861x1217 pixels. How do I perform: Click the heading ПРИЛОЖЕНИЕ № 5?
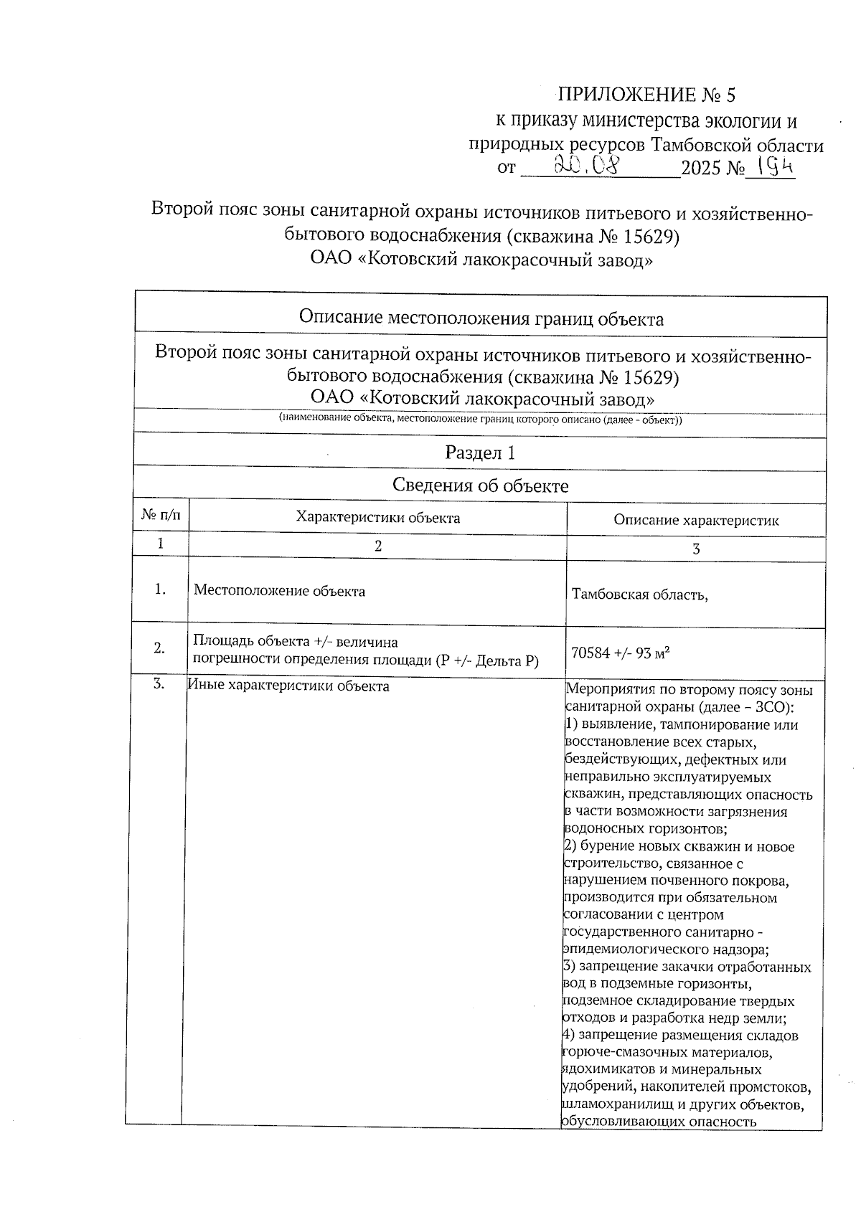[x=646, y=95]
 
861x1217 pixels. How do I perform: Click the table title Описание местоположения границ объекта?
[x=481, y=318]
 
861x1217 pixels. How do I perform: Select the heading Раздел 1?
[x=480, y=453]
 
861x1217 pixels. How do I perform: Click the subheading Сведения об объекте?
[x=480, y=486]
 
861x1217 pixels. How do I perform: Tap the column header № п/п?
[x=161, y=515]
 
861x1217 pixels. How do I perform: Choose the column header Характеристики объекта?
[x=378, y=518]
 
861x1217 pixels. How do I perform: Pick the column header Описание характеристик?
[x=695, y=521]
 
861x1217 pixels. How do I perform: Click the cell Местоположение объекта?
[x=280, y=591]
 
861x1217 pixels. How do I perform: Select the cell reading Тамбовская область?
[x=639, y=594]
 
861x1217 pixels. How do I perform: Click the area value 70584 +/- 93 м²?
[x=621, y=653]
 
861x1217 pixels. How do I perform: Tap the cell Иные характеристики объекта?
[x=288, y=686]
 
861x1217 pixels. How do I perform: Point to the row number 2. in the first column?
[x=159, y=648]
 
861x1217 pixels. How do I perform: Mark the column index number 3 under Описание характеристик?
[x=695, y=549]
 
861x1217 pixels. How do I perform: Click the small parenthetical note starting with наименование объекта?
[x=480, y=420]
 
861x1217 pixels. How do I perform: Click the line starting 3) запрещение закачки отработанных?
[x=687, y=967]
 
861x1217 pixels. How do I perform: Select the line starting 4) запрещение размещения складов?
[x=681, y=1036]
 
